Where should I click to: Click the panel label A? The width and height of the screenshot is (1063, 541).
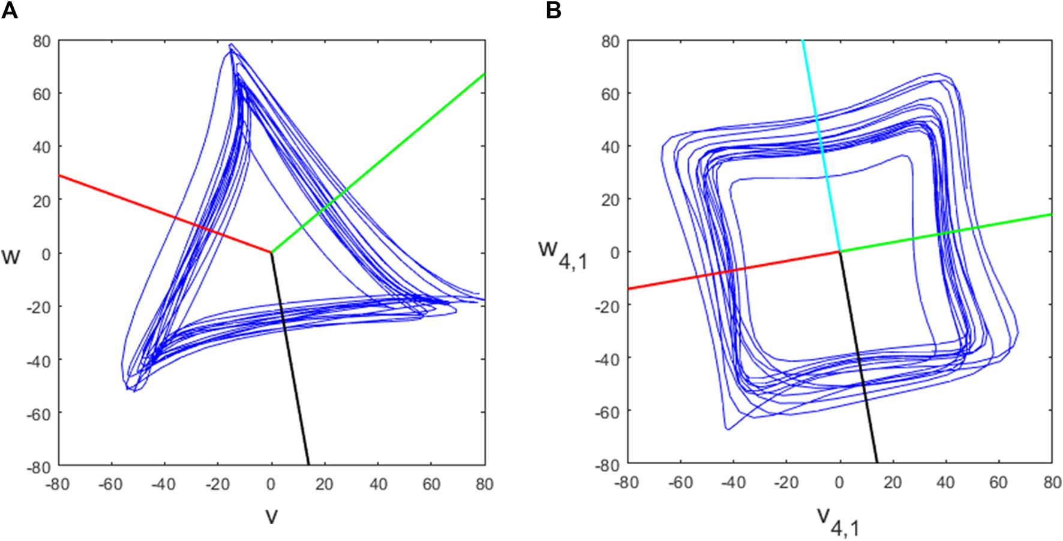tap(10, 10)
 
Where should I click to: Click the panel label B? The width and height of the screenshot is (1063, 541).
tap(554, 10)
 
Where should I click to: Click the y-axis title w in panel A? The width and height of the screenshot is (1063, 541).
tap(11, 257)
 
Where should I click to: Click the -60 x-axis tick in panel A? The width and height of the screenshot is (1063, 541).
tap(110, 483)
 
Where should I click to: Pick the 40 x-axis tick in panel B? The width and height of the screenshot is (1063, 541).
tap(945, 482)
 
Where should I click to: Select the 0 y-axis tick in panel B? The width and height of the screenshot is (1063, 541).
tap(615, 252)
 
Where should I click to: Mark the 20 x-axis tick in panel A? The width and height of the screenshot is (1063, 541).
tap(325, 483)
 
